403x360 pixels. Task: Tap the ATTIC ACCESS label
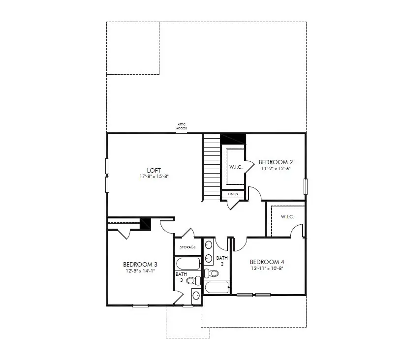tap(182, 126)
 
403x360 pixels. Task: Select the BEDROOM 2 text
tap(276, 162)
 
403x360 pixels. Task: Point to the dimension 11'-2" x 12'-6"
tap(276, 168)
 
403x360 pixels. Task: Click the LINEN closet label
tap(233, 194)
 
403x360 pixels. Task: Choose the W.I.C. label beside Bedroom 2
tap(235, 167)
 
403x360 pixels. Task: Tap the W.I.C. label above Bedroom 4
tap(287, 216)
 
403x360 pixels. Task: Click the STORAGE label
tap(187, 247)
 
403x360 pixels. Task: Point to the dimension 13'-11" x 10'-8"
tap(267, 268)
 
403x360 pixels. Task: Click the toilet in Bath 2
tap(213, 273)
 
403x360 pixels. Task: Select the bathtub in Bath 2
tap(217, 287)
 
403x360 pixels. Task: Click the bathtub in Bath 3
tap(188, 263)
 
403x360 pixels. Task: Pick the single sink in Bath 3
tap(196, 296)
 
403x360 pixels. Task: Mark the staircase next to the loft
tap(211, 167)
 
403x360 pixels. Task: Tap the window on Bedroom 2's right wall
tap(305, 186)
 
